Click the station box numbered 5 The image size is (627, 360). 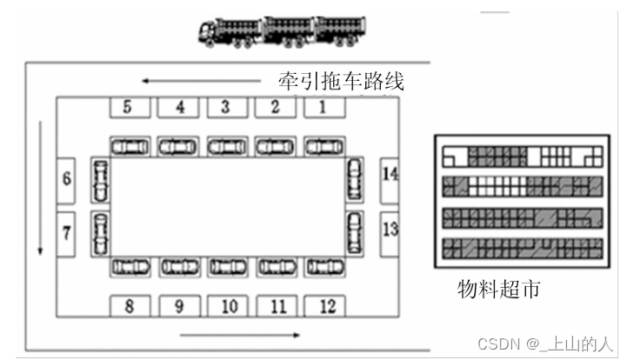[128, 108]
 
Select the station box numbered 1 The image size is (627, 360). [323, 108]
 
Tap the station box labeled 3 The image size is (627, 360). [225, 108]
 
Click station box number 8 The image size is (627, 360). [129, 305]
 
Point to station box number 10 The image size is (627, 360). [228, 305]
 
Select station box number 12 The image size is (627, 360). [324, 305]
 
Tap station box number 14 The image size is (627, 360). [390, 175]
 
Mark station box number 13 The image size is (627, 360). [390, 230]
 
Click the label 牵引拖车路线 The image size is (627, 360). [341, 82]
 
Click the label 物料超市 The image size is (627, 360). [498, 288]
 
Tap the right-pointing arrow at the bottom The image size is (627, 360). [240, 334]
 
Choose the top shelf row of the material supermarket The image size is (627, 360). [522, 157]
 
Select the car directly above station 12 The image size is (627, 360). [324, 266]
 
